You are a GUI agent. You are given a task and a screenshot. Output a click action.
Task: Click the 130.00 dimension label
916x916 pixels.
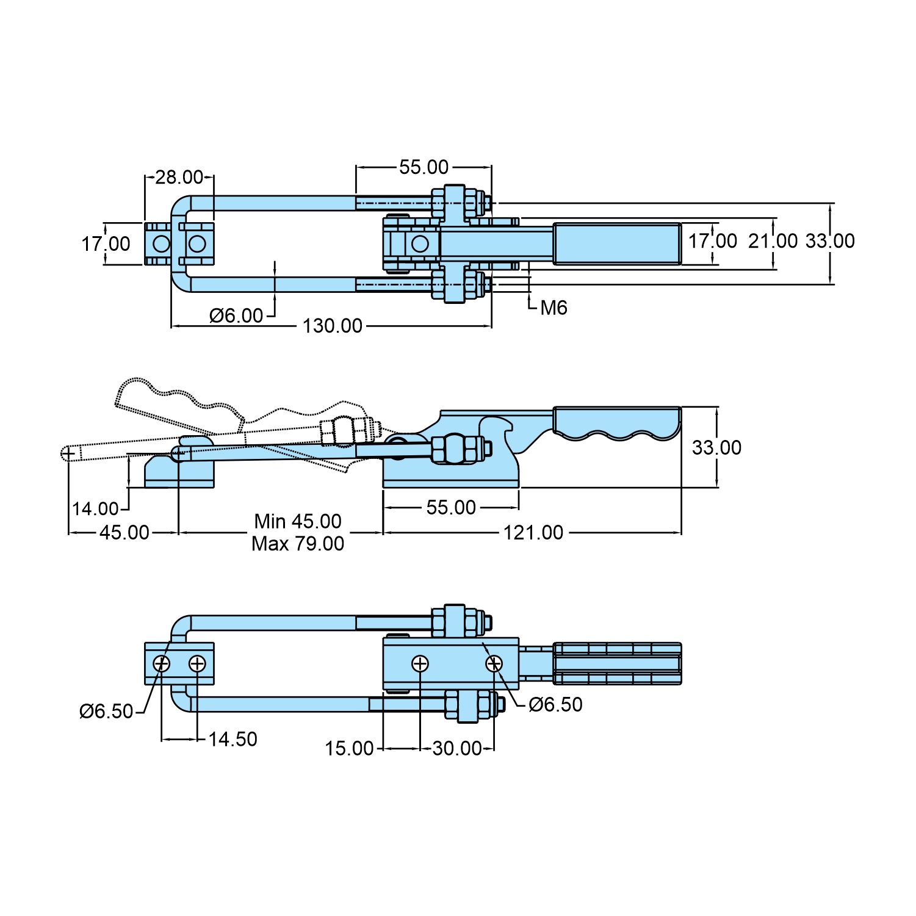pyautogui.click(x=333, y=326)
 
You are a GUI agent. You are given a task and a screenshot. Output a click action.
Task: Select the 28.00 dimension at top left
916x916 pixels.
pyautogui.click(x=179, y=178)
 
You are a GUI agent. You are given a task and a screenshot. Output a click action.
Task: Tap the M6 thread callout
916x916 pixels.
pyautogui.click(x=554, y=308)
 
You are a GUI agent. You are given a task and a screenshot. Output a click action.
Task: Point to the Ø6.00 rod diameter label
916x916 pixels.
pyautogui.click(x=236, y=316)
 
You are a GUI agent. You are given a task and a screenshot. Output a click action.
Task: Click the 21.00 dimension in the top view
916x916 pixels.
pyautogui.click(x=773, y=241)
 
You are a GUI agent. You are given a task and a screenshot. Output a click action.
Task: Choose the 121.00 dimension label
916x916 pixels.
pyautogui.click(x=533, y=533)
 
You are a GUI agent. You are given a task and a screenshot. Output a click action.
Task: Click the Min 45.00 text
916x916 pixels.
pyautogui.click(x=298, y=522)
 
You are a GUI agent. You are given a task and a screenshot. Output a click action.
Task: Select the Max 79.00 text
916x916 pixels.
pyautogui.click(x=298, y=544)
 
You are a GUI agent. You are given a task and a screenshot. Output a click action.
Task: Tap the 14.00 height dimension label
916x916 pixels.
pyautogui.click(x=95, y=508)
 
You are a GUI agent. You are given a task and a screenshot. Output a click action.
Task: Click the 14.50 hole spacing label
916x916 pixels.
pyautogui.click(x=233, y=740)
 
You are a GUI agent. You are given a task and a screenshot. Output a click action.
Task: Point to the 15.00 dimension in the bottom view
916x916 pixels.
pyautogui.click(x=349, y=749)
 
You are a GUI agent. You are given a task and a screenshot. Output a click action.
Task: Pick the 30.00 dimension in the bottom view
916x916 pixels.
pyautogui.click(x=457, y=749)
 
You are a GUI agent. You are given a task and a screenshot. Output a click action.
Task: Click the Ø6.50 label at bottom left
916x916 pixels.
pyautogui.click(x=106, y=712)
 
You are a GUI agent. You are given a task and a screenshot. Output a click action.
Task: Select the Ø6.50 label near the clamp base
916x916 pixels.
pyautogui.click(x=555, y=705)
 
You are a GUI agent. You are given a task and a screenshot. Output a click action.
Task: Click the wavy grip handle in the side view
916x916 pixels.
pyautogui.click(x=616, y=423)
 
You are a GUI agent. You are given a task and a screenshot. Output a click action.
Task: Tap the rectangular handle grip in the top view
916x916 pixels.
pyautogui.click(x=616, y=243)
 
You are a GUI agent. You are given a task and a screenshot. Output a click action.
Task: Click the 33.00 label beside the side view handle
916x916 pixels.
pyautogui.click(x=716, y=448)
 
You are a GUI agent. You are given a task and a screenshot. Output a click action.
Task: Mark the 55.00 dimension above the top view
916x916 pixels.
pyautogui.click(x=424, y=167)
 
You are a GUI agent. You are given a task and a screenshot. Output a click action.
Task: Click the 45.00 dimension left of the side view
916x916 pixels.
pyautogui.click(x=124, y=533)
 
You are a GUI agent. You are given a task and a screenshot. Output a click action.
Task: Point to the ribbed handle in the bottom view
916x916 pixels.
pyautogui.click(x=616, y=663)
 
